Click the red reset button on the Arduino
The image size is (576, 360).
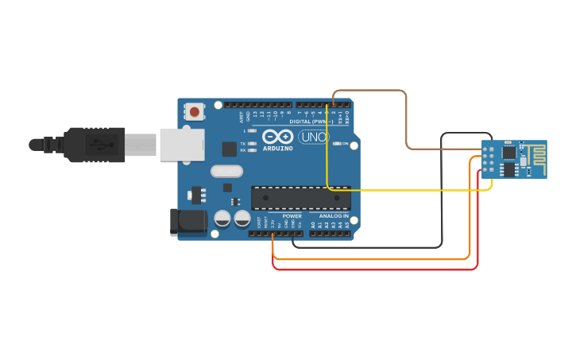pos(195,112)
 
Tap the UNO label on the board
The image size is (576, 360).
pos(313,137)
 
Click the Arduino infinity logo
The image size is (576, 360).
pos(278,137)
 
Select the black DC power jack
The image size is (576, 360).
pos(188,222)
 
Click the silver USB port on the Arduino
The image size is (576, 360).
pos(181,144)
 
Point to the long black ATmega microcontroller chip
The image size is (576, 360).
pos(300,198)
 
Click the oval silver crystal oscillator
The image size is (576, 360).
pos(226,170)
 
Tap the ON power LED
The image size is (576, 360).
pos(337,144)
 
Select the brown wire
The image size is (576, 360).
pos(407,119)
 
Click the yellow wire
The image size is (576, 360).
pos(397,190)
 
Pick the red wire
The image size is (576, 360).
pos(373,269)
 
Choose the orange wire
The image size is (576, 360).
pos(373,259)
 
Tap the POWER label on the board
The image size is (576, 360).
pos(292,216)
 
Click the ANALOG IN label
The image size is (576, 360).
pos(334,216)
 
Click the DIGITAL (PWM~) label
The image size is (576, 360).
pos(311,121)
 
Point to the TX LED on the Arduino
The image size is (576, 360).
pos(251,144)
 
